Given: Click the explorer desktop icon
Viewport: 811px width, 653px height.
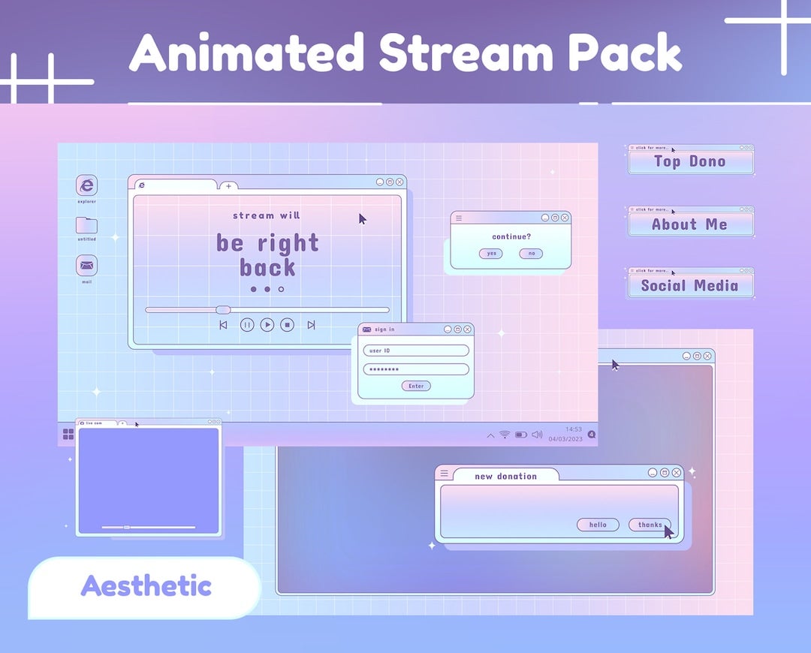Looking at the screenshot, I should (87, 185).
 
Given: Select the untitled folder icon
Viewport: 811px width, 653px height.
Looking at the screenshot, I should (87, 224).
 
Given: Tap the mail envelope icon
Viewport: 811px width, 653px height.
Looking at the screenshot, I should (87, 265).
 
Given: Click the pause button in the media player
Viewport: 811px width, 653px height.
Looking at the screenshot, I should (247, 325).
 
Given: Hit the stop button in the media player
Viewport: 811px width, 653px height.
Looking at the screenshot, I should (287, 325).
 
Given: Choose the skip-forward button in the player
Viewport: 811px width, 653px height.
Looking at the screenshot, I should (311, 325).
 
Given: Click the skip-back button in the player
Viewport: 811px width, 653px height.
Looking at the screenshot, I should (223, 325).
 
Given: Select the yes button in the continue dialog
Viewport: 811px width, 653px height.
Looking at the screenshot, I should (491, 254).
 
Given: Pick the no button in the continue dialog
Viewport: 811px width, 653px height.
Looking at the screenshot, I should (531, 254).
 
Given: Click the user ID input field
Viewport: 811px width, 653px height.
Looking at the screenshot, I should (416, 351).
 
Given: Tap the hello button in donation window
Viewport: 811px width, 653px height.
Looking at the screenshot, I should (598, 525).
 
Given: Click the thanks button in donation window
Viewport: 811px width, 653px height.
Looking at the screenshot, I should (650, 525).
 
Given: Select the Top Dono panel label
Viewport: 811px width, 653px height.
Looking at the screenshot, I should (690, 161).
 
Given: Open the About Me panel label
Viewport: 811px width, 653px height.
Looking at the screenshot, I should (690, 224).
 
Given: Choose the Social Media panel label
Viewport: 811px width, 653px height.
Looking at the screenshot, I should (690, 285).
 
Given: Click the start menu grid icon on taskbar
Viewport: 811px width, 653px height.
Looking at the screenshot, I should (68, 434).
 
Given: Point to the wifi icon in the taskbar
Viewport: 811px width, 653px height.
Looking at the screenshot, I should (505, 435).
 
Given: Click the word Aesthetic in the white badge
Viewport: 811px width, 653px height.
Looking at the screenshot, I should (146, 586).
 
